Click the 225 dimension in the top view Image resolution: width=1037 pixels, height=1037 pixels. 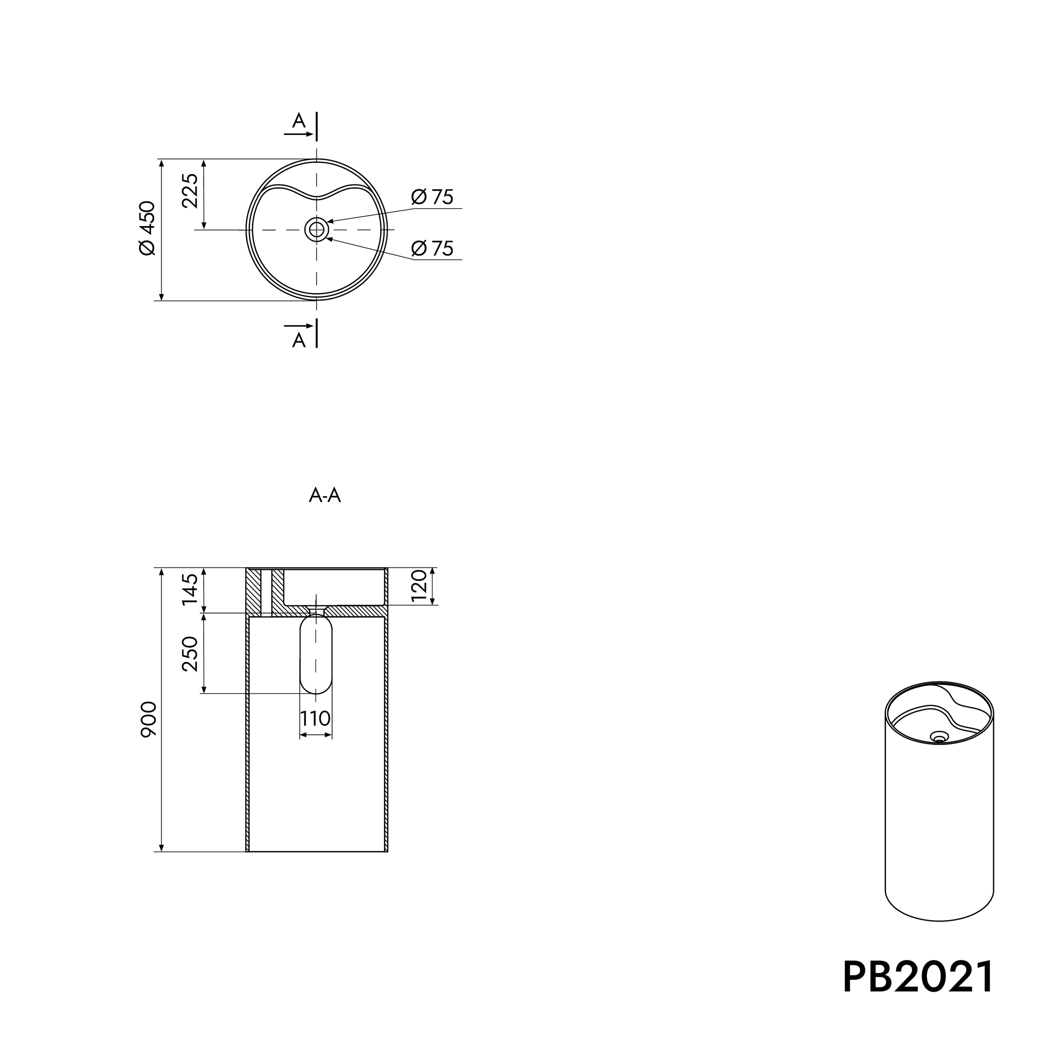[x=190, y=190]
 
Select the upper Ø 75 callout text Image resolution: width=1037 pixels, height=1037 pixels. [x=433, y=197]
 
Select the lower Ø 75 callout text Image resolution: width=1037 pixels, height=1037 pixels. [x=433, y=248]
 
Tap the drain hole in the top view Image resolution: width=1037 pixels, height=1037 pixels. [x=316, y=230]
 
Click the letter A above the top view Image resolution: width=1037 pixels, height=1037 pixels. [x=298, y=121]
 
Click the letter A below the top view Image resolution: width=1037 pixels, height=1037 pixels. [x=298, y=340]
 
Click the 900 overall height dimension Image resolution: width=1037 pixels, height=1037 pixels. [x=148, y=719]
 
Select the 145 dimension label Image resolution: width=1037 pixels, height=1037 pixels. [x=190, y=589]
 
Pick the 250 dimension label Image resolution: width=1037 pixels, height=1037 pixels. [x=190, y=654]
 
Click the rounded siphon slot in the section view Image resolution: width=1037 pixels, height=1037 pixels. [x=316, y=655]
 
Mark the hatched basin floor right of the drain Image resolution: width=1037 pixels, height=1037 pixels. [x=357, y=611]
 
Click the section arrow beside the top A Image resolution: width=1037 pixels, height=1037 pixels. [x=298, y=134]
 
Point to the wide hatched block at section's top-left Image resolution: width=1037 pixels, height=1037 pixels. [x=253, y=590]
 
